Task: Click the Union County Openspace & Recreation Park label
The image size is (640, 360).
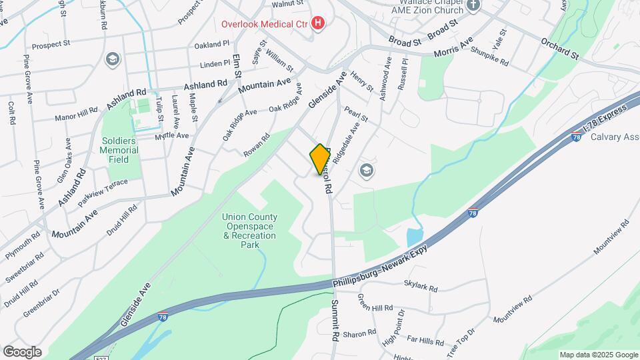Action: pyautogui.click(x=250, y=231)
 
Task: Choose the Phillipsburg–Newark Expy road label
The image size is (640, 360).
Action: pyautogui.click(x=381, y=265)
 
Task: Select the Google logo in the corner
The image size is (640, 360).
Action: pyautogui.click(x=21, y=351)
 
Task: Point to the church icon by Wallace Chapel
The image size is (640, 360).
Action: pyautogui.click(x=473, y=5)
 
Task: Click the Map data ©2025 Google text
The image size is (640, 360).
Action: pyautogui.click(x=598, y=355)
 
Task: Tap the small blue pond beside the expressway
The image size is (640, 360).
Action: pyautogui.click(x=413, y=236)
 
